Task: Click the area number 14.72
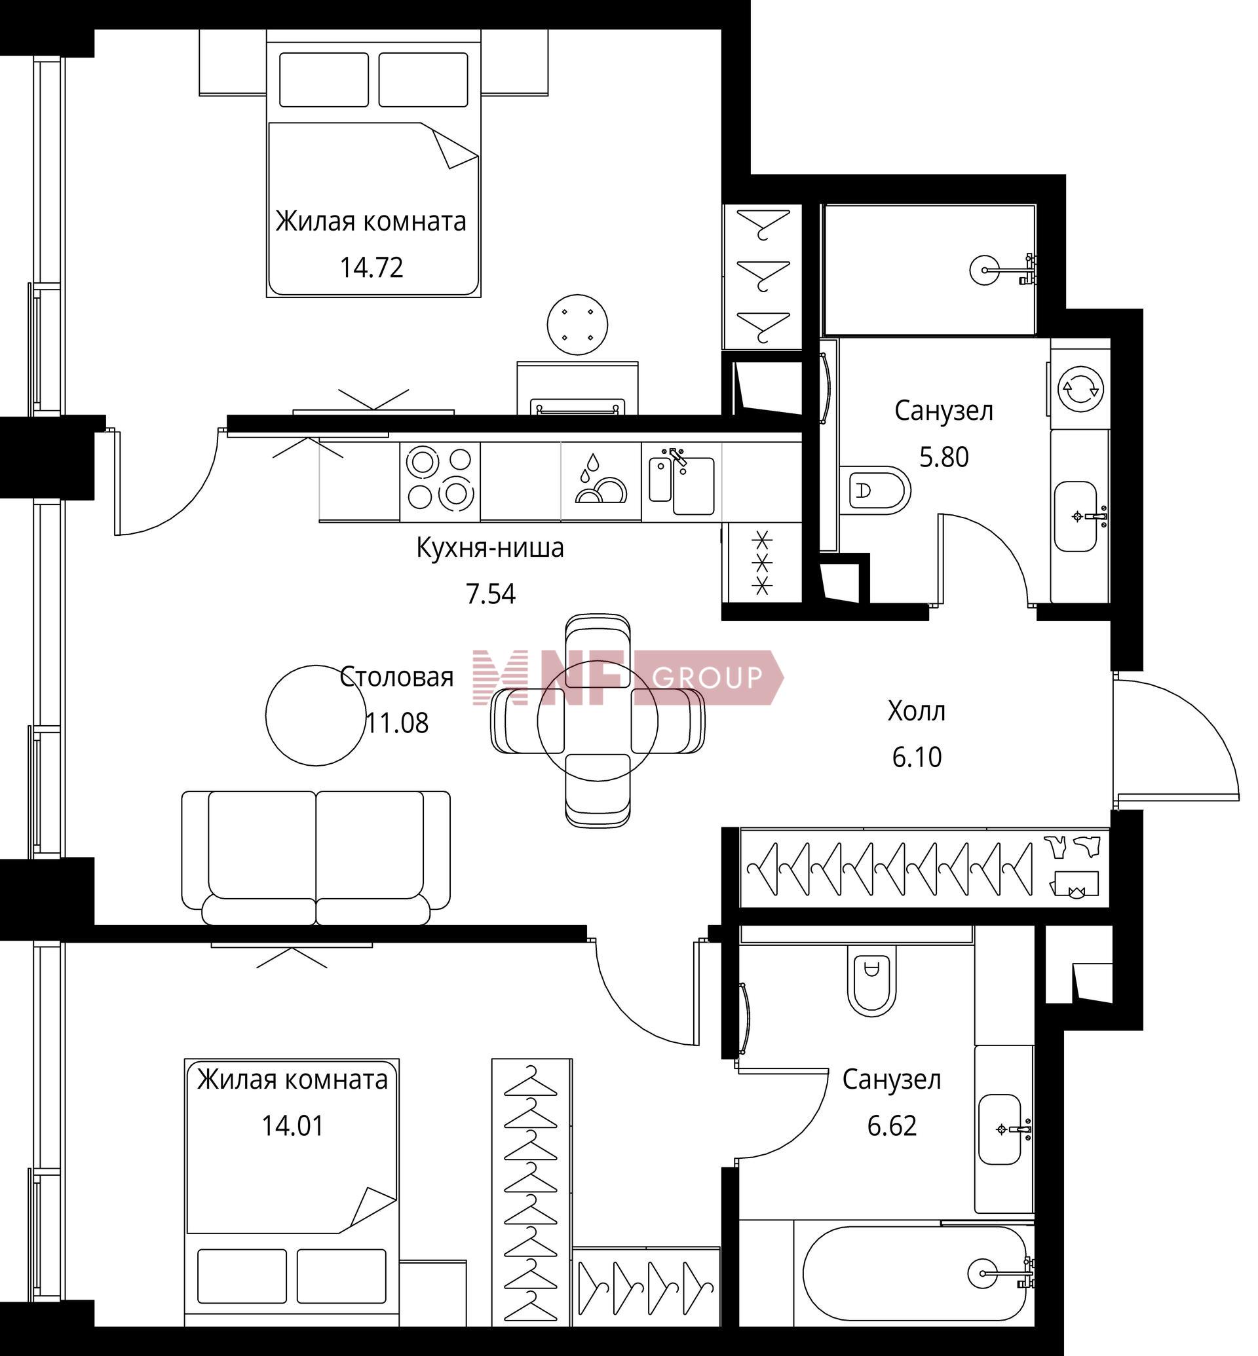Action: (372, 267)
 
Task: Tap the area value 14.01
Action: (293, 1126)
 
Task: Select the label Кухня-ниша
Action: (490, 549)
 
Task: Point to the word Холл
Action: (916, 711)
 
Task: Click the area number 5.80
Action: (944, 457)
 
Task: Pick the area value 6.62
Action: (892, 1126)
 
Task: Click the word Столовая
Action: (397, 677)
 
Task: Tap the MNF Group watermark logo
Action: (628, 677)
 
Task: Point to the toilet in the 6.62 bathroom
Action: (872, 980)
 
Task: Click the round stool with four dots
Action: (578, 325)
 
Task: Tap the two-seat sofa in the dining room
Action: (316, 857)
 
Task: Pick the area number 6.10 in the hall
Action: (917, 758)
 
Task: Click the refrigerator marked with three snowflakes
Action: (763, 563)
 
